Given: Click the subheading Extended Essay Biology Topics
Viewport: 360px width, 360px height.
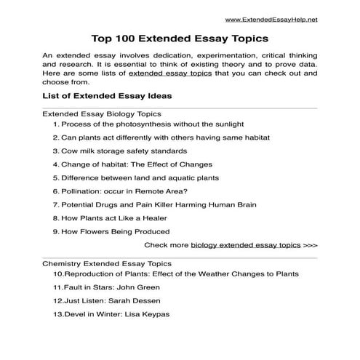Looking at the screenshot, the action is [102, 114].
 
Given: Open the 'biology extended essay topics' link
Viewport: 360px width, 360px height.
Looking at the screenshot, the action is [246, 246].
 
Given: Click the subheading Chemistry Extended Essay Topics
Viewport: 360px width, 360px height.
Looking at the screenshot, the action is [107, 263].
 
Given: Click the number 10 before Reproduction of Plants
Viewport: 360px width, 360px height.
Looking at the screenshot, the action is [58, 273].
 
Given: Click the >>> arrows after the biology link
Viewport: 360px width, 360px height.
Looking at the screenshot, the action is [311, 246].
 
